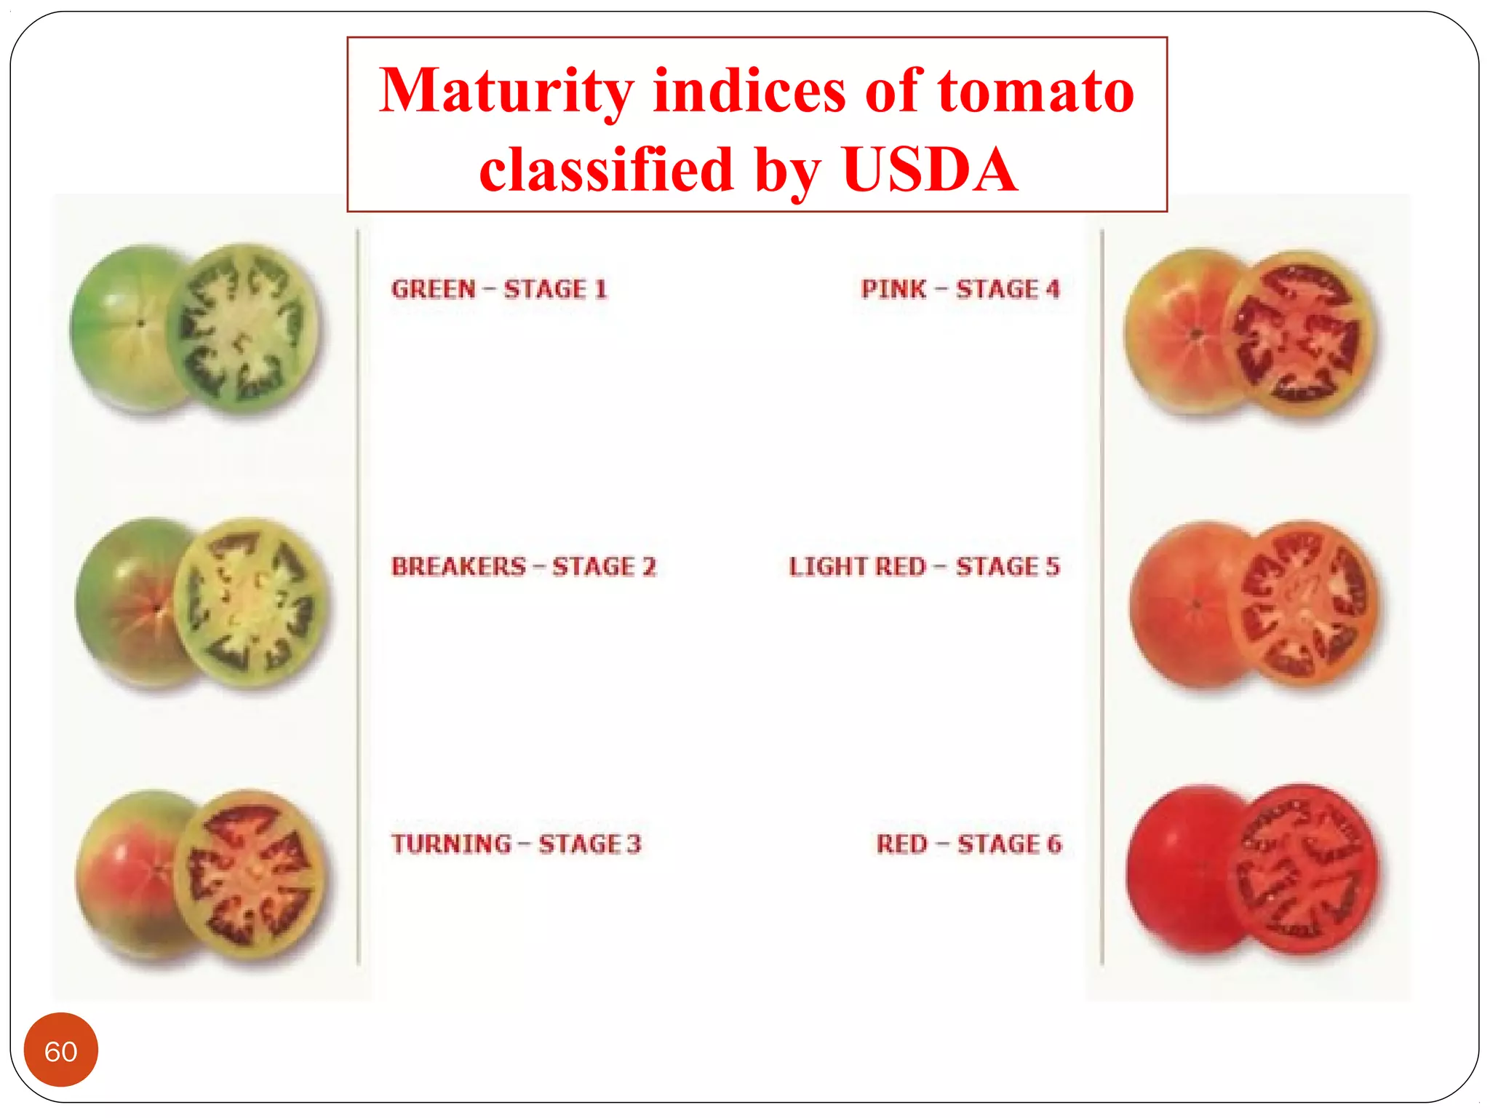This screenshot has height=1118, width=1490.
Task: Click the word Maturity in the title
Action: coord(507,92)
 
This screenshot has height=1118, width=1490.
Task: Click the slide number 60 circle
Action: coord(61,1050)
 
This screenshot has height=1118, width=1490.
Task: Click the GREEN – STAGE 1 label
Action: coord(499,289)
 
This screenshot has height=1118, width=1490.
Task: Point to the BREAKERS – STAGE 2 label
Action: coord(524,566)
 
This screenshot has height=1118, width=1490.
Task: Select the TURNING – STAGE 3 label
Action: coord(517,844)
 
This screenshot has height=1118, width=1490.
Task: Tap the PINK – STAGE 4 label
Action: coord(961,289)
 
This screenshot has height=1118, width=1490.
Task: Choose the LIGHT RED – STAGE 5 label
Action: coord(925,566)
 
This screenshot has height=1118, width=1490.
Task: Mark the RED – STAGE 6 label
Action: coord(969,844)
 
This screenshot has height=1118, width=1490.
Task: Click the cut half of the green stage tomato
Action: coord(243,330)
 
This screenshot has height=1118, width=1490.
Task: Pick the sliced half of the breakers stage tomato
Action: coord(250,603)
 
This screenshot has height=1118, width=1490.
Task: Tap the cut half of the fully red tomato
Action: coord(1303,869)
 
